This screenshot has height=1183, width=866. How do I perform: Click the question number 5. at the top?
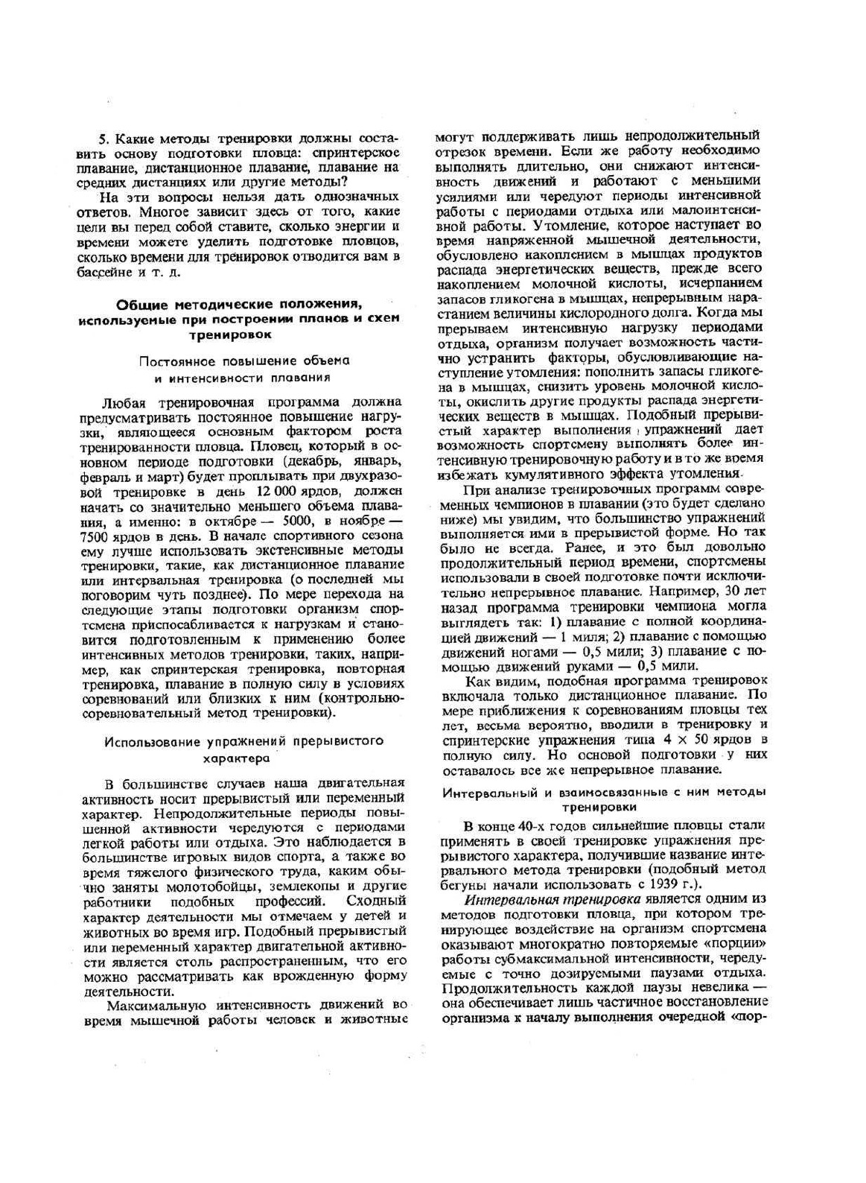tap(104, 139)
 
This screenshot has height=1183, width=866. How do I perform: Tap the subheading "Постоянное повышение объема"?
tap(245, 361)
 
